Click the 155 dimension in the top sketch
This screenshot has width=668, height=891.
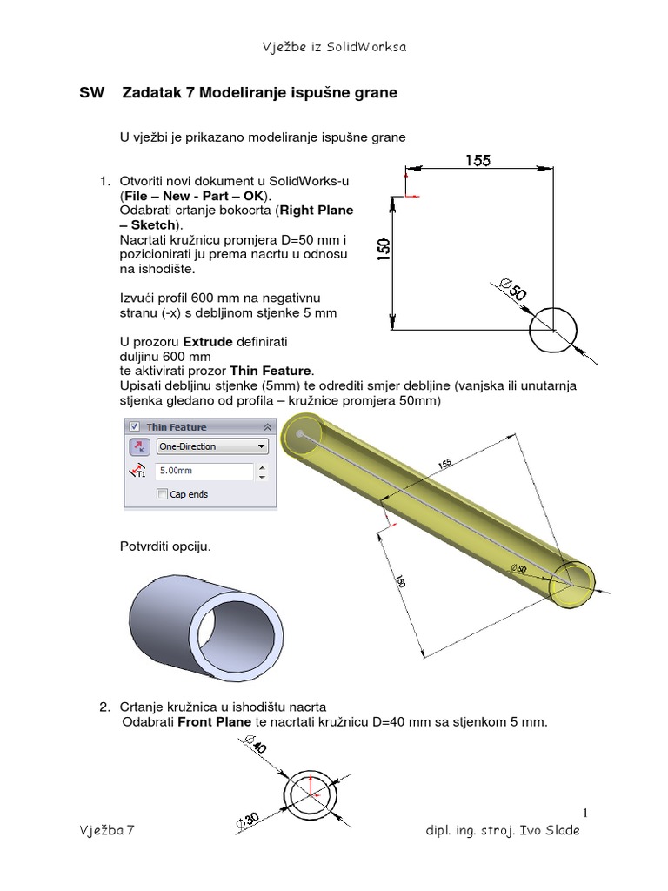point(478,160)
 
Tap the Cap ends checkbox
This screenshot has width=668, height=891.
point(162,494)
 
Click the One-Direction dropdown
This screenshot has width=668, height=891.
point(211,446)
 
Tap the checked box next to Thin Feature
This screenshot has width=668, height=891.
point(134,426)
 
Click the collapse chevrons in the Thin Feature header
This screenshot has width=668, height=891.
point(266,426)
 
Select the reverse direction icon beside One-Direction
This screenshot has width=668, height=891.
point(138,446)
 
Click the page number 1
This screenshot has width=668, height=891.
point(586,813)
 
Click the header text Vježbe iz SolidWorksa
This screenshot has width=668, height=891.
point(335,47)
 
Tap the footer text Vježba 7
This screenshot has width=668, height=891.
point(106,831)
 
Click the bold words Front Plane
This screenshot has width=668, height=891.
point(212,720)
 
